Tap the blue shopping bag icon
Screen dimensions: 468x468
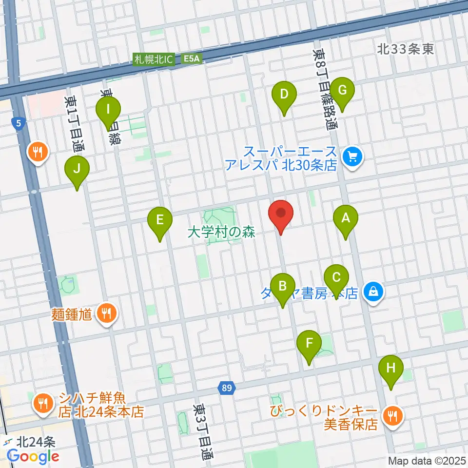[x=373, y=292]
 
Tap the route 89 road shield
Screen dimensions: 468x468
[x=226, y=388]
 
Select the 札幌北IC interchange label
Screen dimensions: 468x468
[x=154, y=59]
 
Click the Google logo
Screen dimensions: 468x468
[x=33, y=456]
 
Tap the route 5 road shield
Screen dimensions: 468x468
[x=19, y=124]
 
